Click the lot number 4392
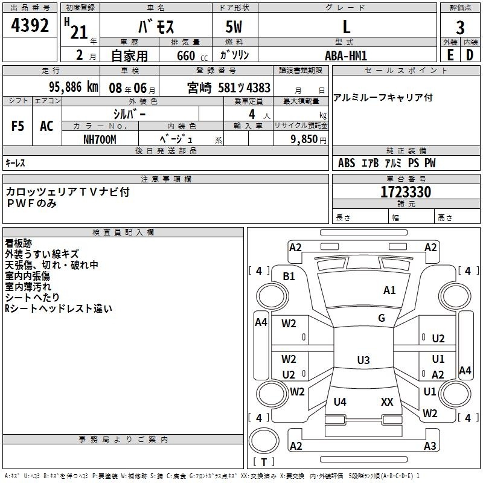tap(30, 25)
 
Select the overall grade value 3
tap(460, 27)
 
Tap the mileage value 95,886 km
tap(74, 87)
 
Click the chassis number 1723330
tap(406, 191)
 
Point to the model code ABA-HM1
tap(346, 56)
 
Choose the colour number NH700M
tap(100, 139)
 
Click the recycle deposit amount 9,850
tap(304, 139)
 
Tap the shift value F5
tap(18, 126)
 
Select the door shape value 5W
tap(234, 27)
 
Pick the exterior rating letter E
tap(450, 55)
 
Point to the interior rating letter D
tap(470, 55)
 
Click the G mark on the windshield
tap(382, 318)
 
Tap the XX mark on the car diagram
tap(387, 401)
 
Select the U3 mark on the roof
tap(363, 360)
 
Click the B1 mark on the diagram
tap(289, 276)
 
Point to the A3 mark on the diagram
tap(430, 446)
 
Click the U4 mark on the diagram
tap(340, 401)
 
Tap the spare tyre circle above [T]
tap(264, 441)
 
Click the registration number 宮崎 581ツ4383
tap(229, 88)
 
